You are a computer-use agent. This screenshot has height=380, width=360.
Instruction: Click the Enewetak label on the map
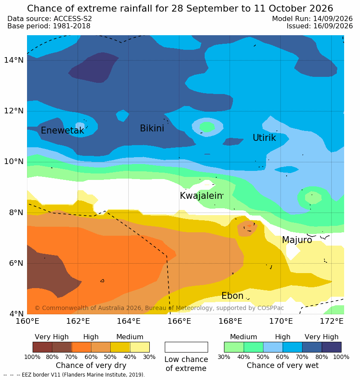[62, 131]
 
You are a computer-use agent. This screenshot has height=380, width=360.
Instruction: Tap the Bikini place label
[152, 128]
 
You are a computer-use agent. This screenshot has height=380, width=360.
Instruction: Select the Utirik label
[264, 138]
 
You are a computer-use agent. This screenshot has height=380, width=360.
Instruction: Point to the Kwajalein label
[201, 195]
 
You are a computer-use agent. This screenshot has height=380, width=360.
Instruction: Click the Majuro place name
[297, 240]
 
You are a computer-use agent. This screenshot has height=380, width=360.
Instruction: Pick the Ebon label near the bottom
[232, 296]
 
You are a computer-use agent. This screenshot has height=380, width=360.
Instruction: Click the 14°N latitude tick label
[14, 60]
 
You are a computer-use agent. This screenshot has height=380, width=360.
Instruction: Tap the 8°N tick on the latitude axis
[16, 213]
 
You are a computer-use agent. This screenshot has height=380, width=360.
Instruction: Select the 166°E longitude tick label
[179, 321]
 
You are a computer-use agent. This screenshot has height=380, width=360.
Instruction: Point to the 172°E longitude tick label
[332, 321]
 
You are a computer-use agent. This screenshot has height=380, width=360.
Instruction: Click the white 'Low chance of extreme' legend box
[186, 347]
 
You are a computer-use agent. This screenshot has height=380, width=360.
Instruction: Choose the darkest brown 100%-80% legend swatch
[42, 347]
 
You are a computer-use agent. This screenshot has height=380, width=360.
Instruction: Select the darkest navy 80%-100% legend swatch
[332, 347]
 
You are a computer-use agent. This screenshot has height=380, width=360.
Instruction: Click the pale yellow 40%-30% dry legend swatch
[140, 347]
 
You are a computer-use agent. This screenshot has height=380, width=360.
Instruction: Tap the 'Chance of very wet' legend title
[282, 365]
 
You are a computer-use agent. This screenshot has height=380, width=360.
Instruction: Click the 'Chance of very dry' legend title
[91, 365]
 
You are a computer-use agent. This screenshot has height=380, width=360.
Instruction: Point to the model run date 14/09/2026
[333, 18]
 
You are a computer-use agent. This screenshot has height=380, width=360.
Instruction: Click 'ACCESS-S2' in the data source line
[73, 18]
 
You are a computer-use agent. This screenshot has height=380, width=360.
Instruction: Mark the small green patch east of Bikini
[207, 127]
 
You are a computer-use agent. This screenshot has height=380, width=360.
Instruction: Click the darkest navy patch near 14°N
[93, 68]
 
